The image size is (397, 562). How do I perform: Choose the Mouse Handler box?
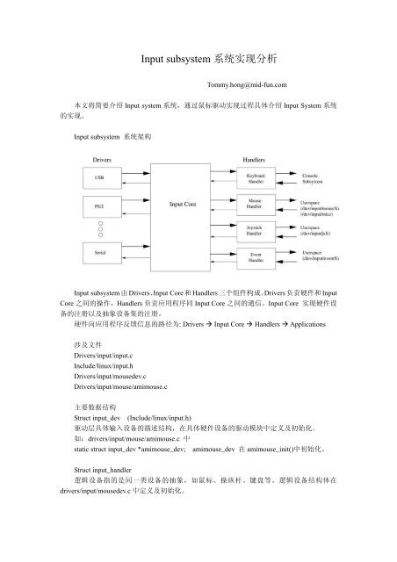pos(254,205)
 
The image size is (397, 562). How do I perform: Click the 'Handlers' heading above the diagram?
pos(254,158)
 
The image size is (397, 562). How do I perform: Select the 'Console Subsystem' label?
pos(317,179)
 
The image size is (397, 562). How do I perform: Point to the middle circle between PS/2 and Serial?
pos(101,230)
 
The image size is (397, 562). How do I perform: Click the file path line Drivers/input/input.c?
pos(105,344)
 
